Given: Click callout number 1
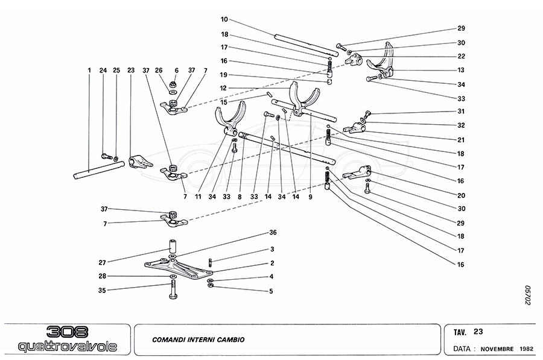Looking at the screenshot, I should (89, 71).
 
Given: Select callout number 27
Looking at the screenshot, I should (102, 262).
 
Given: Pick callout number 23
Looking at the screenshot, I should (130, 71).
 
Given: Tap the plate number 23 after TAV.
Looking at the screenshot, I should (478, 331).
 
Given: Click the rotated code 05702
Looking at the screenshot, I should (527, 295).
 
